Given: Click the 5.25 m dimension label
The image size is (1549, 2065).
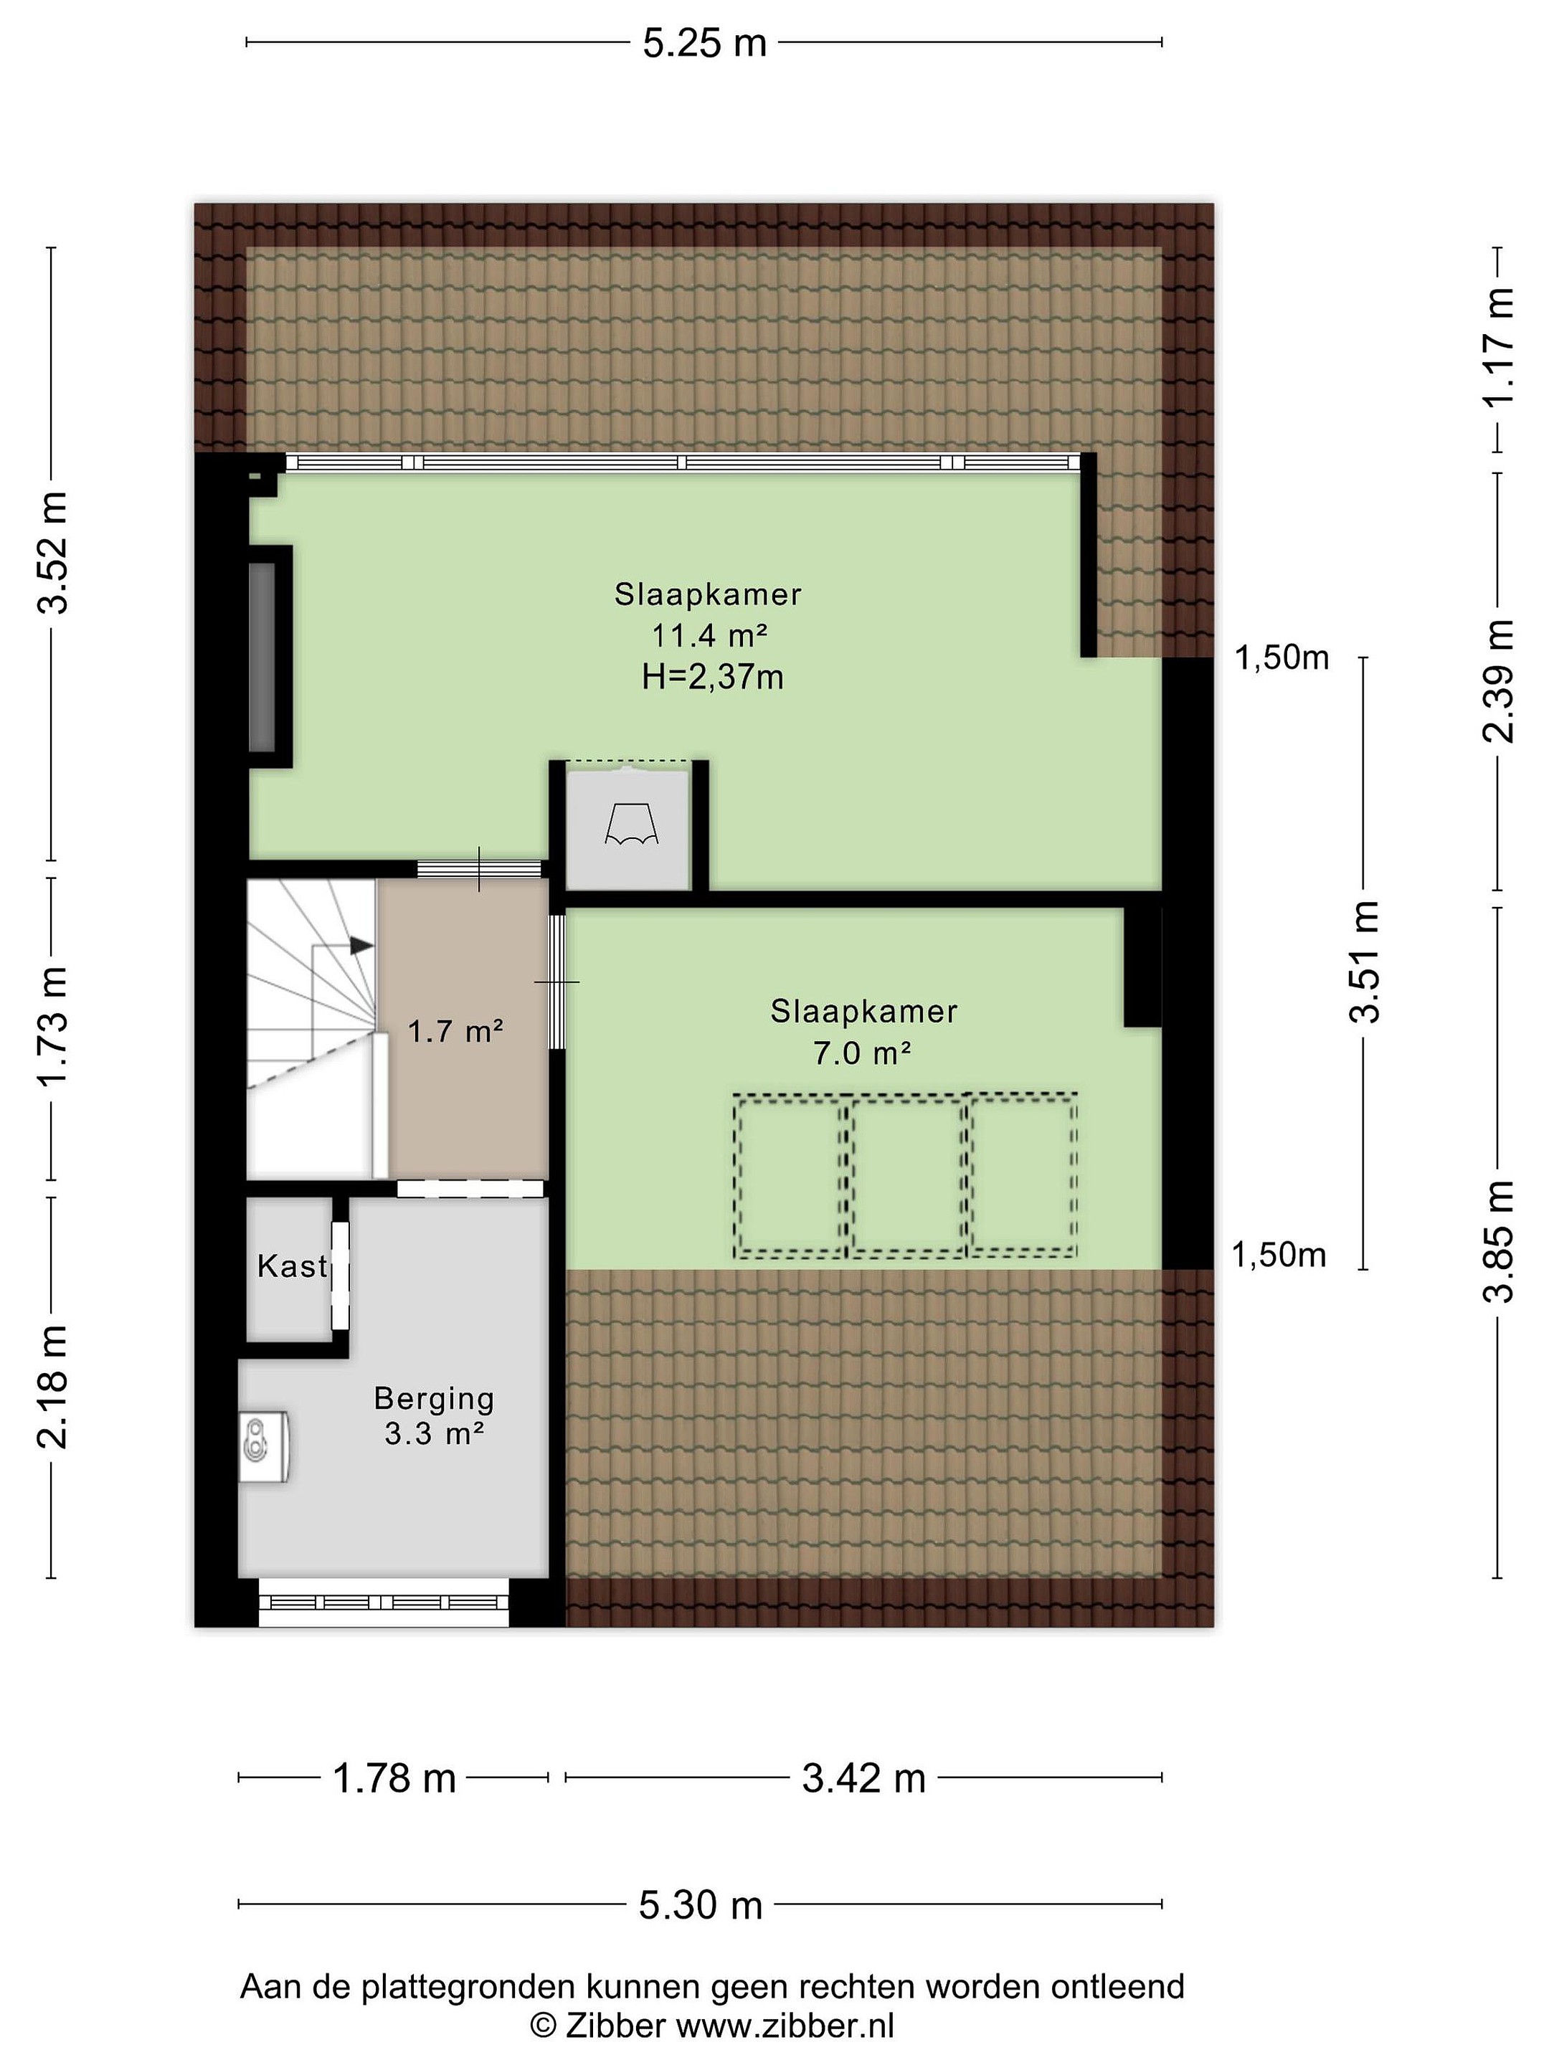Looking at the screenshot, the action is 704,43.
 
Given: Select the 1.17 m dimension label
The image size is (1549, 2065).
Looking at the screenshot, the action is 1499,346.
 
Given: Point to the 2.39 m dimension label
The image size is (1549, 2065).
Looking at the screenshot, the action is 1499,680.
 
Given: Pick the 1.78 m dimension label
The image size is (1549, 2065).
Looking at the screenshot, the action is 394,1778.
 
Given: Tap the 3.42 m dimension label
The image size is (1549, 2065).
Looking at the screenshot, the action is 863,1778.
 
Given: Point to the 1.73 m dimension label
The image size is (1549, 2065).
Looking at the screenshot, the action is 53,1026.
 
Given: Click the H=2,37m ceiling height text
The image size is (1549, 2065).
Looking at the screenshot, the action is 712,676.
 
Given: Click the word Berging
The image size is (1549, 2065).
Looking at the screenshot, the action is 434,1398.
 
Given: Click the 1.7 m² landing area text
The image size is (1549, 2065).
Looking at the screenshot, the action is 455,1032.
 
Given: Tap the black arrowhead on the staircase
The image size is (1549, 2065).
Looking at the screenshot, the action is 362,946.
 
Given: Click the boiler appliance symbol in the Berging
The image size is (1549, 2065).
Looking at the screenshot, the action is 263,1446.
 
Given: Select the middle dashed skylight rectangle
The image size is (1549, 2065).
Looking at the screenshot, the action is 906,1174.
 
